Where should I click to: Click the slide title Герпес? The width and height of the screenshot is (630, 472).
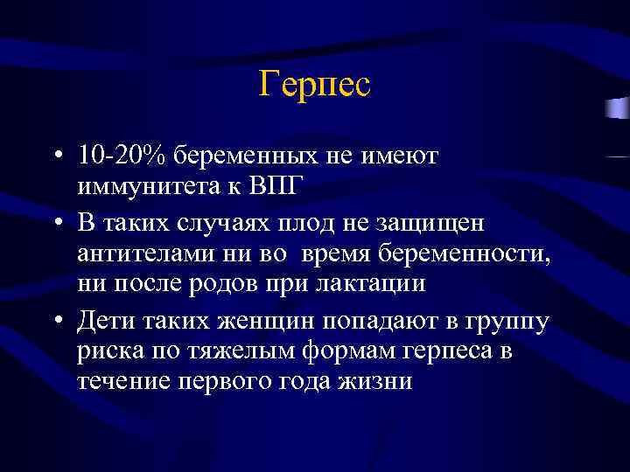coord(315,85)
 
